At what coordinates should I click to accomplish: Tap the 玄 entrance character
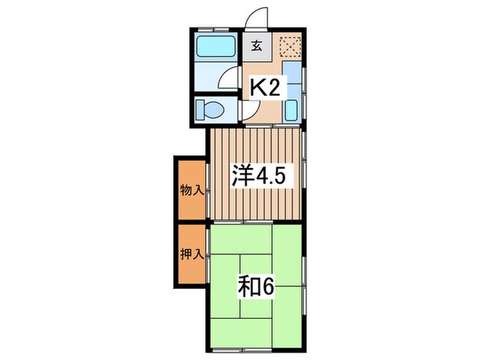(x=256, y=47)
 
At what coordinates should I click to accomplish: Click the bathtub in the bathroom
(x=215, y=47)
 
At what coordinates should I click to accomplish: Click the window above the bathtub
(x=215, y=30)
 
